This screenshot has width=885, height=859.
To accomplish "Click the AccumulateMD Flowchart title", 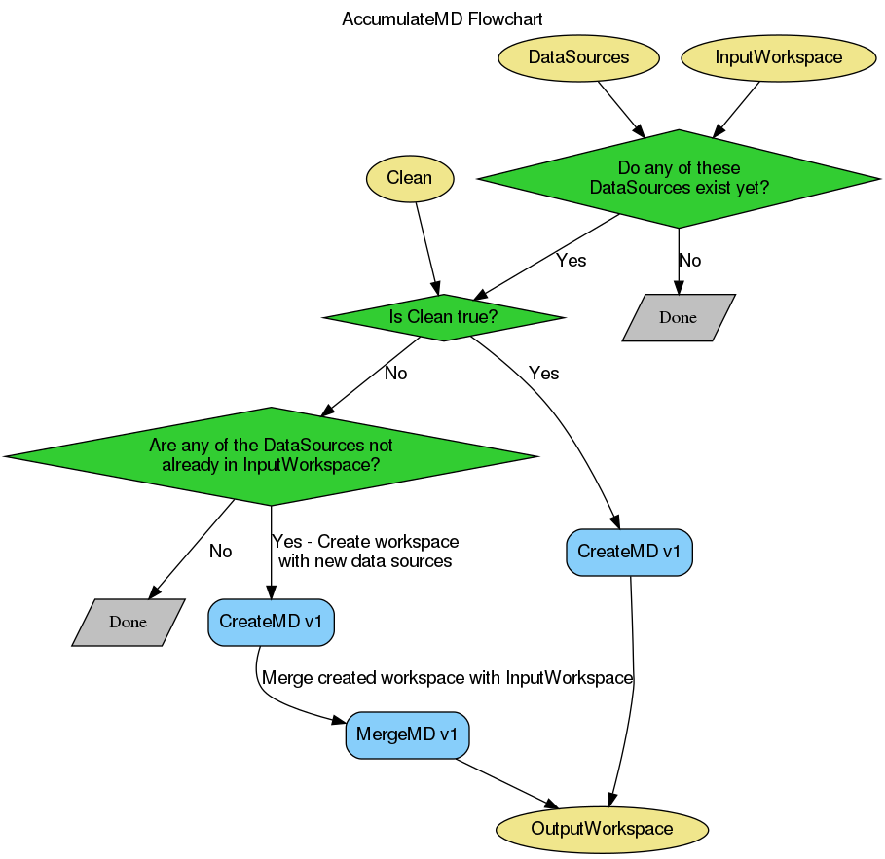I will pyautogui.click(x=442, y=19).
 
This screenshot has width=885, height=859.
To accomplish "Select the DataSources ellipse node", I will pyautogui.click(x=578, y=57).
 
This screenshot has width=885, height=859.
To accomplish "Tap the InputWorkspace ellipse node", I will pyautogui.click(x=778, y=57).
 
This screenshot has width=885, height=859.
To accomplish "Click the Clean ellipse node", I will pyautogui.click(x=409, y=178).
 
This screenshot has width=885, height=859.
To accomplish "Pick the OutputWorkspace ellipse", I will pyautogui.click(x=602, y=829).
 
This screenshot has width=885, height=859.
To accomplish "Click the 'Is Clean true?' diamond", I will pyautogui.click(x=443, y=317).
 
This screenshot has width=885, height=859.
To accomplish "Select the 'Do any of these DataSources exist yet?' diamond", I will pyautogui.click(x=679, y=178).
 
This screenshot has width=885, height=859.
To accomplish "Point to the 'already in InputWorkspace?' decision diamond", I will pyautogui.click(x=271, y=455).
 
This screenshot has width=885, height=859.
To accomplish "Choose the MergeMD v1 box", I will pyautogui.click(x=407, y=734).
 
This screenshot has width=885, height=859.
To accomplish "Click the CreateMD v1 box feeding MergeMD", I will pyautogui.click(x=271, y=622).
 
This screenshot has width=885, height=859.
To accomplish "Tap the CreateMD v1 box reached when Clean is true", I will pyautogui.click(x=629, y=552).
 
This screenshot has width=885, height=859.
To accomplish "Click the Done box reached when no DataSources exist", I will pyautogui.click(x=678, y=317).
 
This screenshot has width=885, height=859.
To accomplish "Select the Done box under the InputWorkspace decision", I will pyautogui.click(x=128, y=622).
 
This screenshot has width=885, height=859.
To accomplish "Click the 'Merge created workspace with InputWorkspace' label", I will pyautogui.click(x=448, y=678).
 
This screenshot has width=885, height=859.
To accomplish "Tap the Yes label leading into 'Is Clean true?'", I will pyautogui.click(x=571, y=261).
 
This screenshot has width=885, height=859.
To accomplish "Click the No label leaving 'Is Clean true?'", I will pyautogui.click(x=395, y=374).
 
